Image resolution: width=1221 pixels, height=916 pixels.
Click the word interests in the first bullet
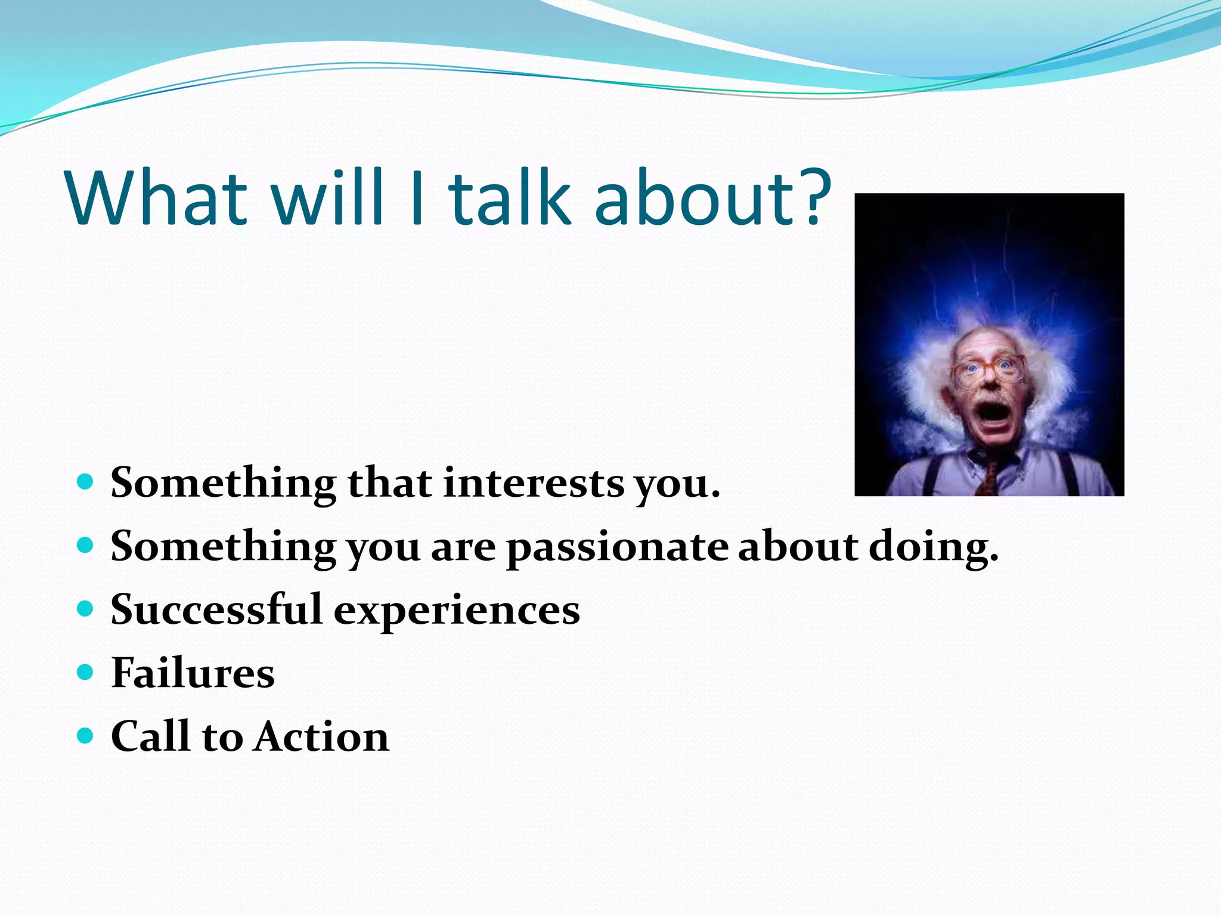pyautogui.click(x=534, y=482)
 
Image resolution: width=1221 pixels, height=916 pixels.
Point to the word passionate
pyautogui.click(x=617, y=547)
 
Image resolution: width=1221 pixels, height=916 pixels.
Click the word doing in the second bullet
pyautogui.click(x=933, y=547)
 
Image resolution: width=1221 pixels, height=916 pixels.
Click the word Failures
pyautogui.click(x=193, y=673)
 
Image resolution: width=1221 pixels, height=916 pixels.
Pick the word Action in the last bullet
pyautogui.click(x=322, y=736)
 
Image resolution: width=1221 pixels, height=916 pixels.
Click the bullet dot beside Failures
pyautogui.click(x=86, y=673)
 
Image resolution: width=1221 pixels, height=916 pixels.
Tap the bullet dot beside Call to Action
pyautogui.click(x=86, y=736)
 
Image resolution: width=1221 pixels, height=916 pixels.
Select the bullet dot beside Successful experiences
pyautogui.click(x=86, y=609)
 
